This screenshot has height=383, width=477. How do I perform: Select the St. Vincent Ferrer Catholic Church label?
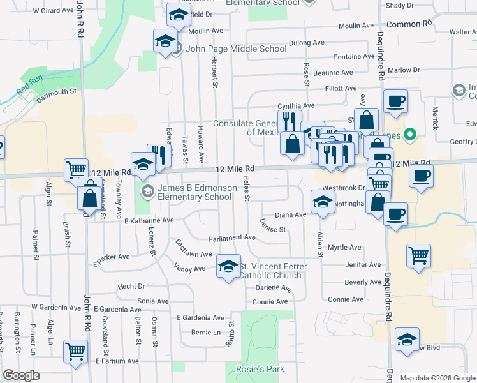[x=273, y=271]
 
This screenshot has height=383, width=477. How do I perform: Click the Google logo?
[x=22, y=375]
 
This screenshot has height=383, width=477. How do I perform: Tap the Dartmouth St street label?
[x=56, y=92]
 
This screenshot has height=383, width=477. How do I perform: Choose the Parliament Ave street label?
[x=232, y=237]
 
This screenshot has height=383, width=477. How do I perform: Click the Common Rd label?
[x=409, y=24]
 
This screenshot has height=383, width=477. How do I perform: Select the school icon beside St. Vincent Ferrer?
[x=228, y=267]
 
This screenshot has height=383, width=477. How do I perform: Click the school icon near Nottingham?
[x=323, y=202]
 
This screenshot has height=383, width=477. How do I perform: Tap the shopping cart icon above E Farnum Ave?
[x=75, y=352]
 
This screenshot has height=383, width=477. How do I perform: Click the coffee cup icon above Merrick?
[x=395, y=101]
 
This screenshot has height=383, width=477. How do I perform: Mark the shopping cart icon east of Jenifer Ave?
[x=418, y=257]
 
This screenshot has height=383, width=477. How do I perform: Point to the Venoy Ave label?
[x=190, y=268]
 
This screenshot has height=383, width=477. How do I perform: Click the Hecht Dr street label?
[x=131, y=287]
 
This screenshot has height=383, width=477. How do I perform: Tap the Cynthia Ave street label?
[x=296, y=106]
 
